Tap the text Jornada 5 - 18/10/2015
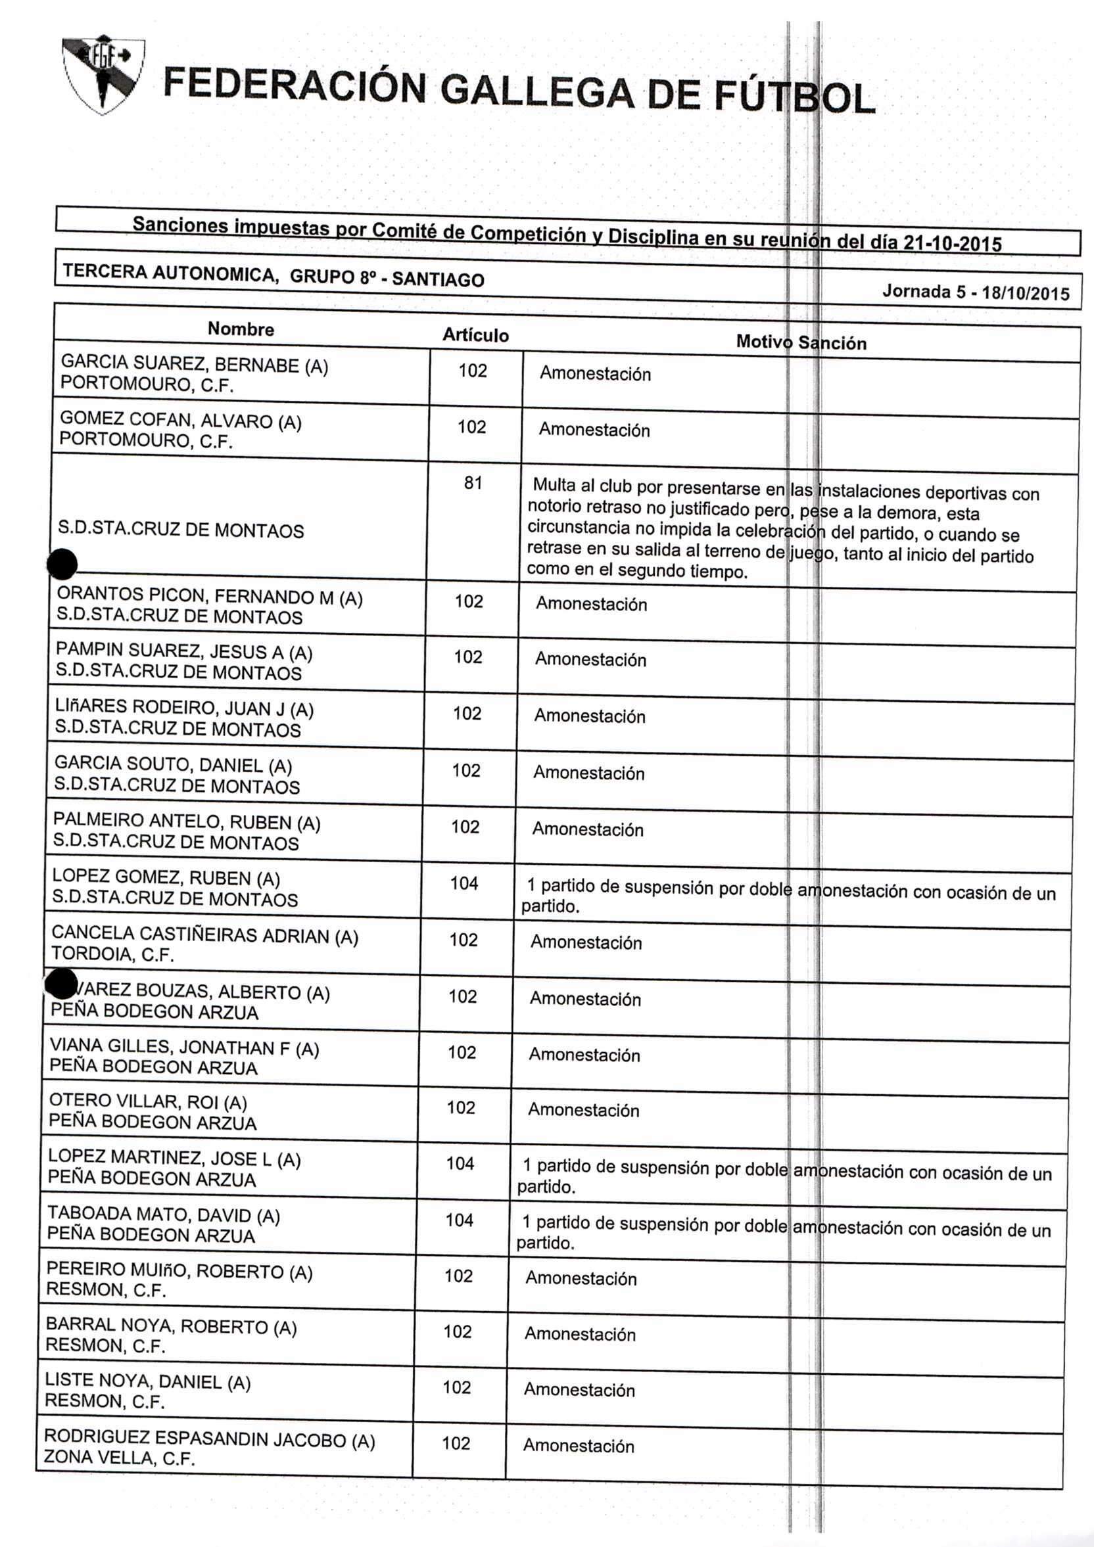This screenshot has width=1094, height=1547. tap(976, 292)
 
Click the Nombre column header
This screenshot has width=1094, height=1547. tap(241, 329)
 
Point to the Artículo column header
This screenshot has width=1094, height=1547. tap(475, 335)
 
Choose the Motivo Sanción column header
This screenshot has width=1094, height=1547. tap(801, 342)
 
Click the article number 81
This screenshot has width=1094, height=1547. tap(473, 482)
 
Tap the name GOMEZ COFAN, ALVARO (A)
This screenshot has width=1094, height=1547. tap(181, 421)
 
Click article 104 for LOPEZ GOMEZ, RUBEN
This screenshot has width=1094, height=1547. tap(464, 883)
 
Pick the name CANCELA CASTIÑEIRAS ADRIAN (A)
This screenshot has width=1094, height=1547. tap(204, 935)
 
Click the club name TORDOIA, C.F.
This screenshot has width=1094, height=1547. tap(112, 954)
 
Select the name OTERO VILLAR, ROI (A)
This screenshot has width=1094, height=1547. tap(149, 1101)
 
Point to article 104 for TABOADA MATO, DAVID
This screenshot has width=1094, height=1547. tap(459, 1220)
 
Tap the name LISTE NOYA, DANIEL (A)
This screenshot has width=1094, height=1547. tap(148, 1382)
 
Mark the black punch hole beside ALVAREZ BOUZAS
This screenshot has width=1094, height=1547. tap(60, 984)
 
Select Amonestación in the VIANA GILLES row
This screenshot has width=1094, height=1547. tap(584, 1055)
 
